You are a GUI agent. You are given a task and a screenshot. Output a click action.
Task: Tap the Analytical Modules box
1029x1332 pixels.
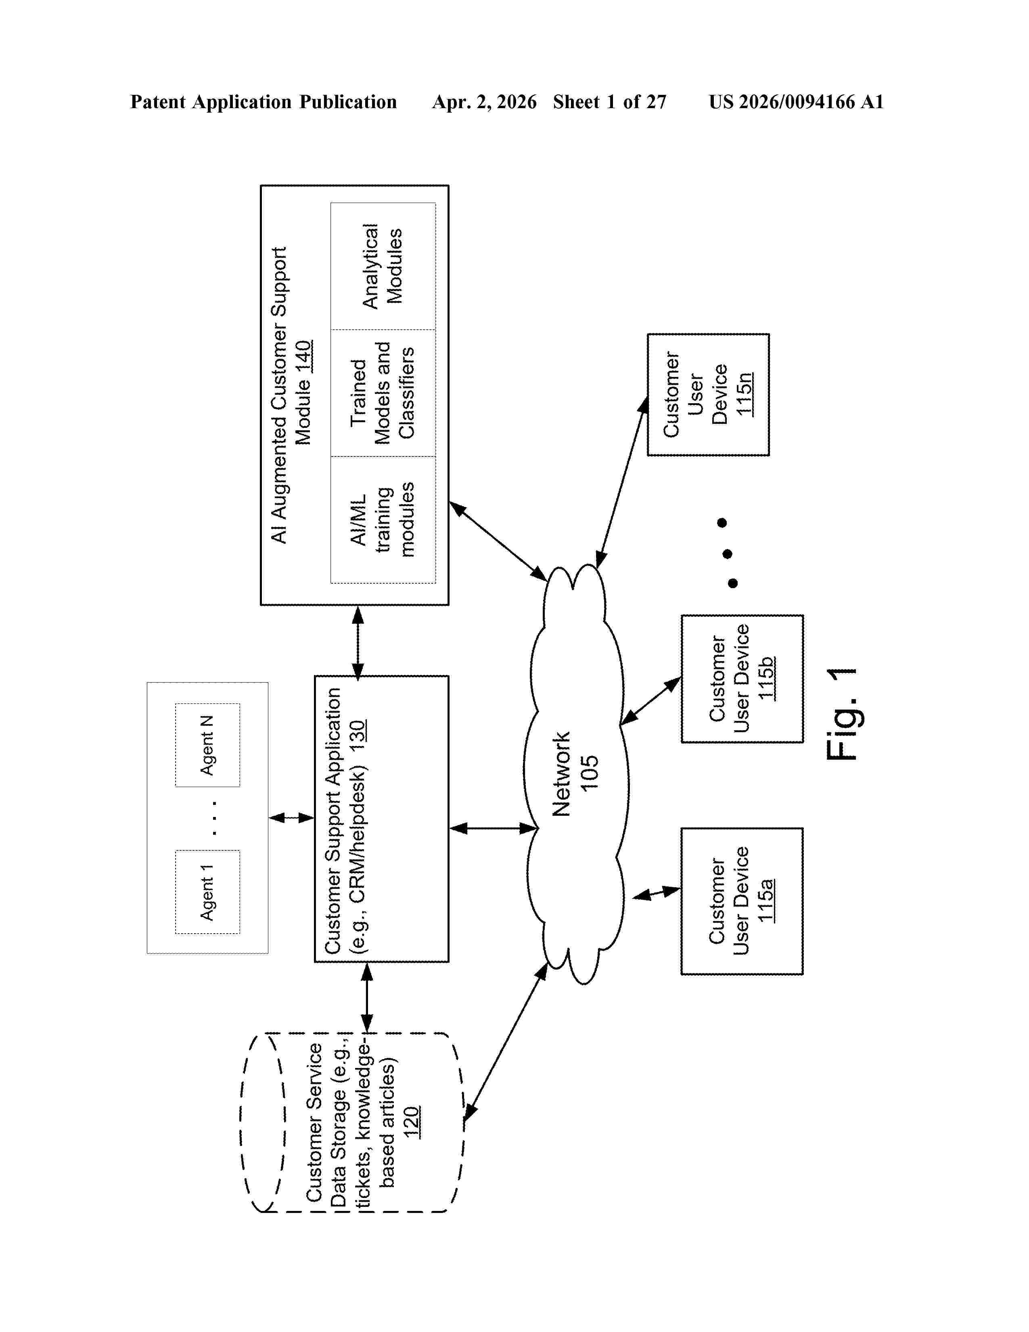pos(383,266)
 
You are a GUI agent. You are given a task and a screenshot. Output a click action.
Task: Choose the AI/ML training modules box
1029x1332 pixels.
pos(383,519)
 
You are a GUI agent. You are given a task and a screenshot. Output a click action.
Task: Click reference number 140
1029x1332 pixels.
pos(303,357)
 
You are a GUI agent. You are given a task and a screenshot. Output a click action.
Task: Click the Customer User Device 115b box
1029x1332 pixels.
pos(742,678)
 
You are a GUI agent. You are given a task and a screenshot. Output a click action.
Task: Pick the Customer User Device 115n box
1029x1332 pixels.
pos(708,394)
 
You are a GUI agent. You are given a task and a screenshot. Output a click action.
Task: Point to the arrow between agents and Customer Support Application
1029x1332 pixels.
pos(291,817)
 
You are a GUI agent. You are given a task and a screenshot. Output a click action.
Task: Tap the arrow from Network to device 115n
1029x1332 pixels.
pos(622,482)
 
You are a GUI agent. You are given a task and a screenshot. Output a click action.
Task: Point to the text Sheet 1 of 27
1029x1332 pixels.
pos(610,102)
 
